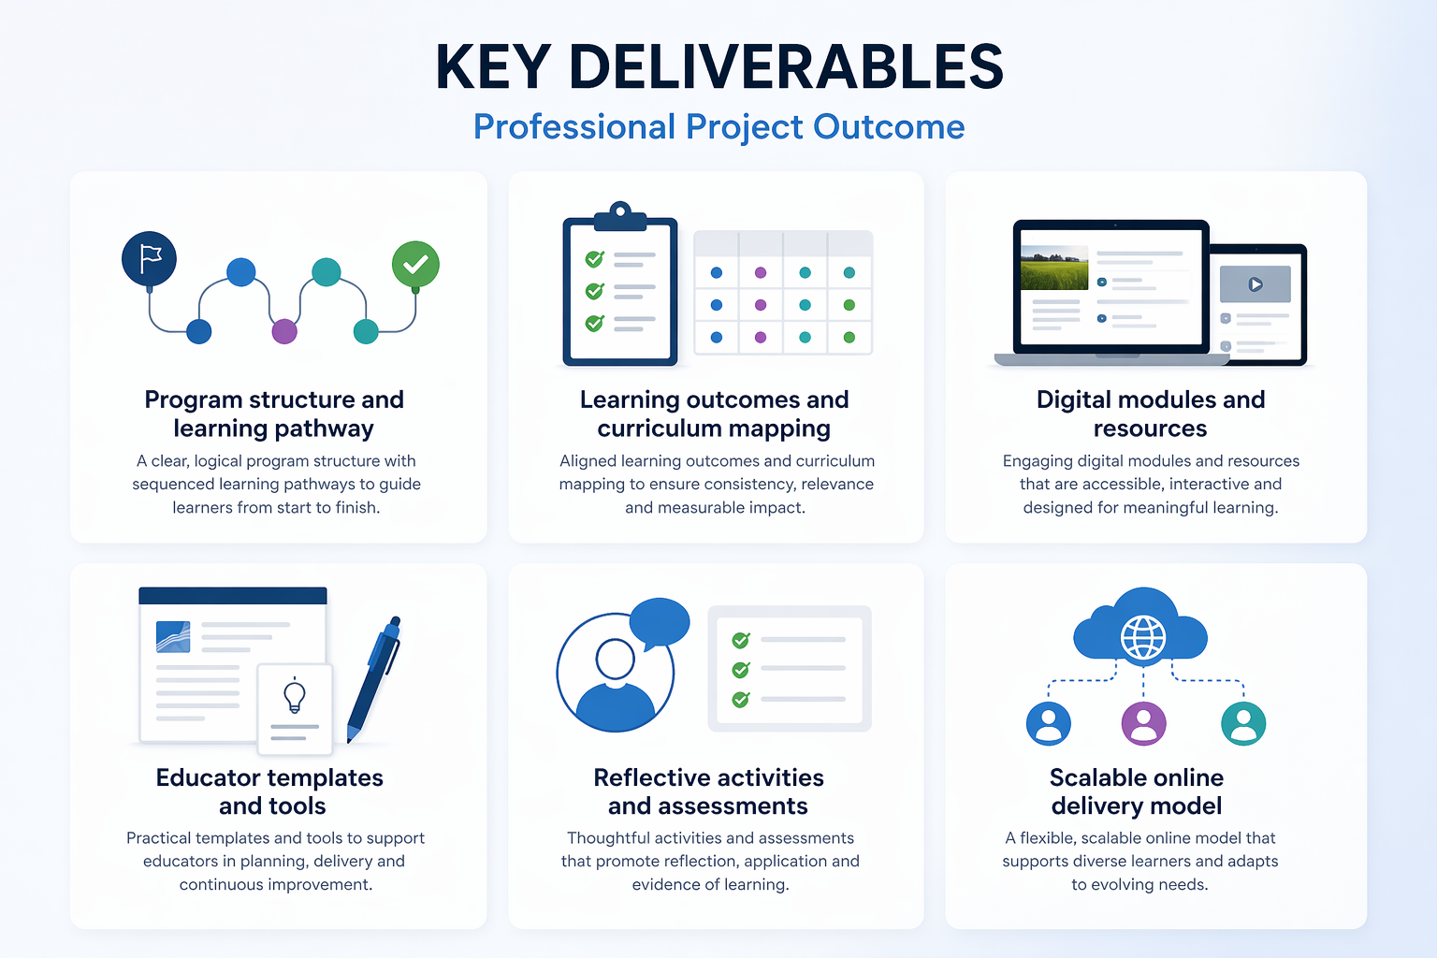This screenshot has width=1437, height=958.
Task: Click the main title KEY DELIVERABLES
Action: (718, 67)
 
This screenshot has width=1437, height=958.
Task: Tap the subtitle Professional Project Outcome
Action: (718, 127)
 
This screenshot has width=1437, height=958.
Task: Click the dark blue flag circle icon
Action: (150, 259)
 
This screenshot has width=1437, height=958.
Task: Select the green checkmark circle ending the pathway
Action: (415, 265)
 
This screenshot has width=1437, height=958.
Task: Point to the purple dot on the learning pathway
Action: (284, 331)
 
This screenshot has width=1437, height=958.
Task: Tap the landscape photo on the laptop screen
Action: (1054, 269)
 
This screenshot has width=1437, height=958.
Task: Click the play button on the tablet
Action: (1256, 284)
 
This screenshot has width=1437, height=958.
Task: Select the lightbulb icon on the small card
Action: (295, 696)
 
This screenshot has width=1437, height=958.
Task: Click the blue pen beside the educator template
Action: (374, 678)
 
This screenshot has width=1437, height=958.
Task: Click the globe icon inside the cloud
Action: (1143, 639)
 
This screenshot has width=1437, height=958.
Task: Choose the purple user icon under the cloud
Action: (1143, 723)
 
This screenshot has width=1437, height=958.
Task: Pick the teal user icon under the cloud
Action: (1243, 723)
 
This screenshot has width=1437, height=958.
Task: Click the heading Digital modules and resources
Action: (1151, 414)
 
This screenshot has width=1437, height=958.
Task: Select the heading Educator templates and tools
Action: (270, 791)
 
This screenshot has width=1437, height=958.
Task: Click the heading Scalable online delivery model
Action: (1137, 791)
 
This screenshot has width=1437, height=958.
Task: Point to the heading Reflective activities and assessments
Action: (708, 791)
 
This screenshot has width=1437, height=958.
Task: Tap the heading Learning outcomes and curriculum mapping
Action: (714, 414)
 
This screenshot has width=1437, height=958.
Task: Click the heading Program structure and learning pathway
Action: (274, 414)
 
